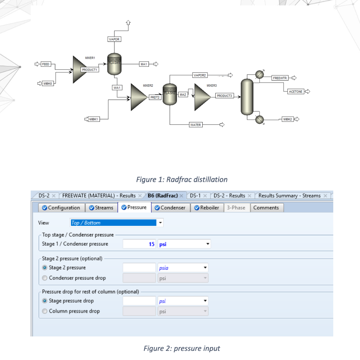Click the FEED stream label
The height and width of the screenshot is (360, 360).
point(46,64)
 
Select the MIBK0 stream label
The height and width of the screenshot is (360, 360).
point(48,83)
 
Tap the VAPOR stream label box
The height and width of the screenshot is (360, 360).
point(114,39)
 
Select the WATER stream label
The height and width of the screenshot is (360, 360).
point(195,125)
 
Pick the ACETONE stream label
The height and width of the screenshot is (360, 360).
point(295,91)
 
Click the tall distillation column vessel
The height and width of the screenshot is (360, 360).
point(247,97)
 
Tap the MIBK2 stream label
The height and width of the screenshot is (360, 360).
point(288,119)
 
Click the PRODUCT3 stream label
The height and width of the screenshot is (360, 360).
point(224,96)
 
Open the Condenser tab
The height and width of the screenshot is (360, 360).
point(170,208)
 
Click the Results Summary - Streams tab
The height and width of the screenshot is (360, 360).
point(289,195)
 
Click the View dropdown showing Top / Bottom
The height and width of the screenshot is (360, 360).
point(116,223)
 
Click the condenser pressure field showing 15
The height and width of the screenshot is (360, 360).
point(139,244)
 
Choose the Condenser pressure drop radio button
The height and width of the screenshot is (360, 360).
point(45,278)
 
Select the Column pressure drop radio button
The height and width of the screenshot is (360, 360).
point(45,311)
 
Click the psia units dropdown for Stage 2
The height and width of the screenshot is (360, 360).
point(183,268)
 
